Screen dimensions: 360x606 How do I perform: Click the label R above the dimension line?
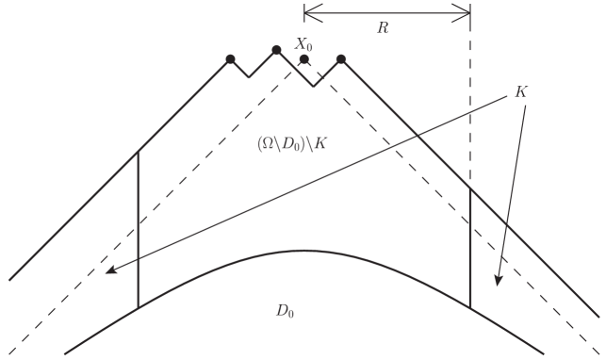coord(383,28)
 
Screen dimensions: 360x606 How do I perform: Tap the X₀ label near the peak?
coord(303,43)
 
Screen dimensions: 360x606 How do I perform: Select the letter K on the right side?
coord(521,92)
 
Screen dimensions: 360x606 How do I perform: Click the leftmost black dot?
coord(230,59)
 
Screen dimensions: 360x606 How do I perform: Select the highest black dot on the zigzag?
coord(276,50)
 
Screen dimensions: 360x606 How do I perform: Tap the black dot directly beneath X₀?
coord(303,59)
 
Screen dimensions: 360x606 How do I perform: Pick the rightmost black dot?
coord(341,59)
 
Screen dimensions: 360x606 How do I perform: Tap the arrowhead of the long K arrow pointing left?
coord(110,270)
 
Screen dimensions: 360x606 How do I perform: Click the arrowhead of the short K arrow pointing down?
coord(497,282)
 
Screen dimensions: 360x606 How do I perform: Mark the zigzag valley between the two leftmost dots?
coord(249,76)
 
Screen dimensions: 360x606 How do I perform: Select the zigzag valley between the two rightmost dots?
coord(315,86)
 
